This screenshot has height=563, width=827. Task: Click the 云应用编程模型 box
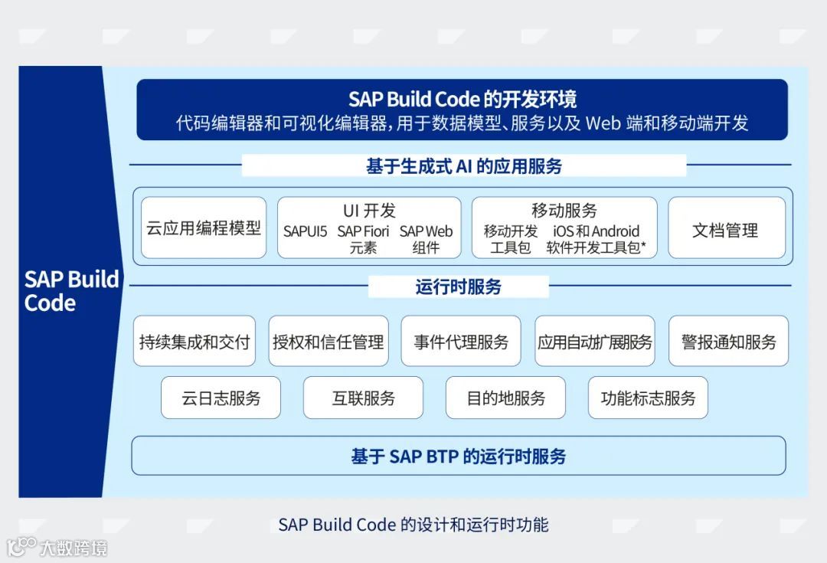click(x=204, y=227)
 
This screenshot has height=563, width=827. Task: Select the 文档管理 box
click(x=726, y=228)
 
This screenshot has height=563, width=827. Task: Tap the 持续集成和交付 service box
click(x=194, y=342)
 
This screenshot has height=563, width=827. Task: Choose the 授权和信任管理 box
click(x=329, y=342)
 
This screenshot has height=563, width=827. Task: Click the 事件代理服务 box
click(x=461, y=342)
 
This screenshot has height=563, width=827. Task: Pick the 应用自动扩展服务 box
click(x=595, y=342)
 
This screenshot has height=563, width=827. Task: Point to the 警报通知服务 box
click(x=728, y=342)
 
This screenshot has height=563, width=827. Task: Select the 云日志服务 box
click(x=221, y=398)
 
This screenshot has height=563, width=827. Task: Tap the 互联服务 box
click(x=364, y=398)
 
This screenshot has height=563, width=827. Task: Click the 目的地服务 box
click(x=506, y=398)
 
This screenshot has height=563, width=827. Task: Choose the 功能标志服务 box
click(x=649, y=398)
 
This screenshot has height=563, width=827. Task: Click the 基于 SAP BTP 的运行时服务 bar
click(x=459, y=457)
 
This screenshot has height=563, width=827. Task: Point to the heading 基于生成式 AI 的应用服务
click(x=464, y=165)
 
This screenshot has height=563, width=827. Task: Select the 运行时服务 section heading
click(x=459, y=287)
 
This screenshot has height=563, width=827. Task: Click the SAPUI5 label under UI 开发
click(x=305, y=231)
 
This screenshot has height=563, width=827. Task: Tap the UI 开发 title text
click(x=369, y=211)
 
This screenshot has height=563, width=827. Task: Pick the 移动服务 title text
click(x=564, y=211)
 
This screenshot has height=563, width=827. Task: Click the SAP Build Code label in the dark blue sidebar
click(x=70, y=290)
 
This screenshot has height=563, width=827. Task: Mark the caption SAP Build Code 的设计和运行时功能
click(x=413, y=525)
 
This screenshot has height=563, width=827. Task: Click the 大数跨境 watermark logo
click(x=57, y=547)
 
